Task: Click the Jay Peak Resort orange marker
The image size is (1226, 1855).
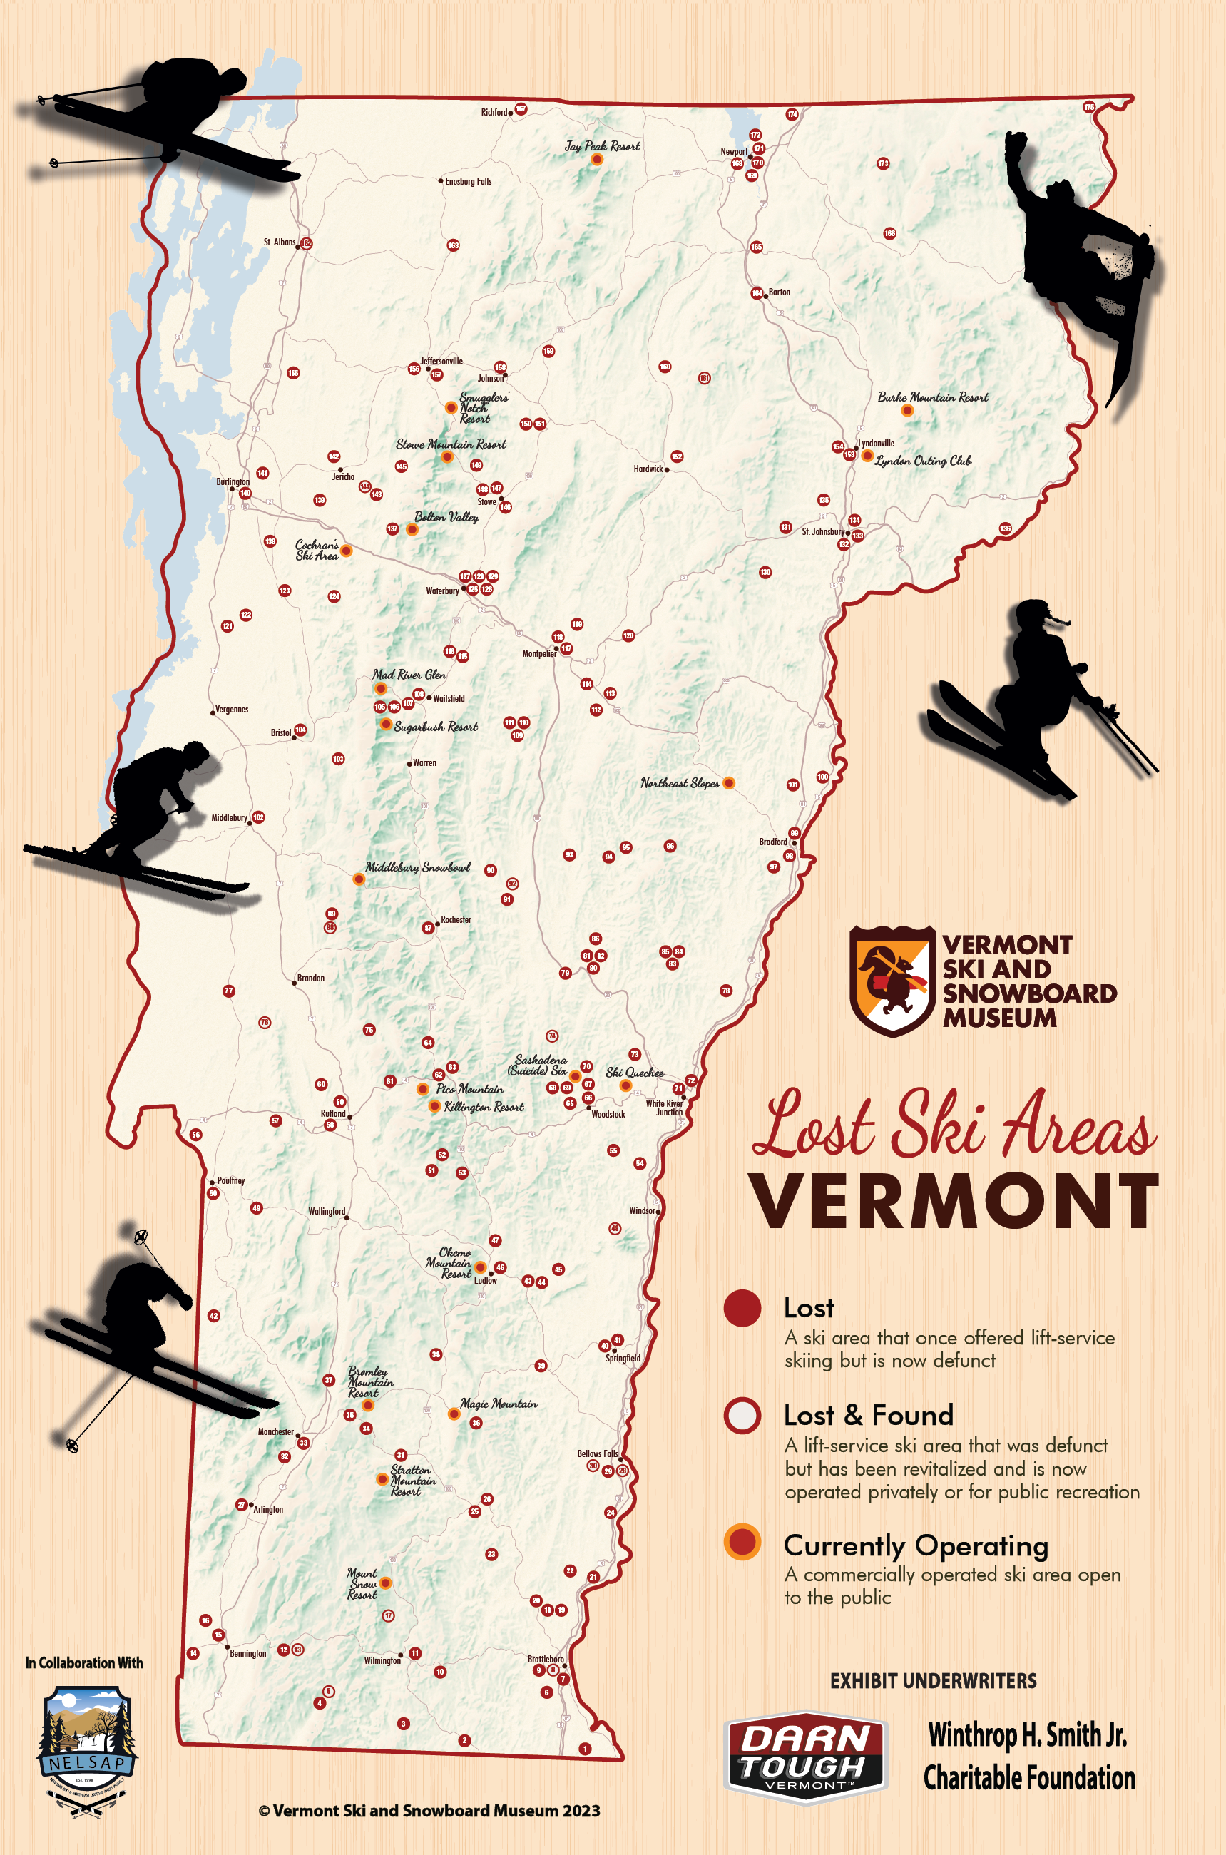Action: tap(596, 160)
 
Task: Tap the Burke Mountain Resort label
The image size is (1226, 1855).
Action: tap(933, 397)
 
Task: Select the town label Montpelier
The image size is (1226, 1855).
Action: tap(538, 653)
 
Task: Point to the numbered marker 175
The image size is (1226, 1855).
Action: tap(1089, 107)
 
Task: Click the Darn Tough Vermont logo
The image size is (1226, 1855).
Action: tap(806, 1758)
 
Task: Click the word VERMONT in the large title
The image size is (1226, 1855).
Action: tap(954, 1202)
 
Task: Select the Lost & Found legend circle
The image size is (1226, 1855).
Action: tap(742, 1415)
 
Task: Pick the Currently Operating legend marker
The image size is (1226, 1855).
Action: tap(742, 1541)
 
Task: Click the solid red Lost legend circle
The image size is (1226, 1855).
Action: tap(742, 1308)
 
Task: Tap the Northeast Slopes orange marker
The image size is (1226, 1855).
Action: tap(729, 783)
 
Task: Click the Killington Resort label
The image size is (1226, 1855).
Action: tap(484, 1107)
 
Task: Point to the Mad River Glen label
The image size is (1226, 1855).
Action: tap(409, 675)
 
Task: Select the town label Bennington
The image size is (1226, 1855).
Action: tap(248, 1653)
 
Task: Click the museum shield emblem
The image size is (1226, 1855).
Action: tap(892, 981)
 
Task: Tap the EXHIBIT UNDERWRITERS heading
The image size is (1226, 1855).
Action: tap(933, 1681)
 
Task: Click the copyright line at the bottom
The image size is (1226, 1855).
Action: tap(429, 1811)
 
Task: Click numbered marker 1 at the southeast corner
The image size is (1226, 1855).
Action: tap(585, 1749)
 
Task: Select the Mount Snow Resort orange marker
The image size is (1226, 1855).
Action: tap(385, 1584)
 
